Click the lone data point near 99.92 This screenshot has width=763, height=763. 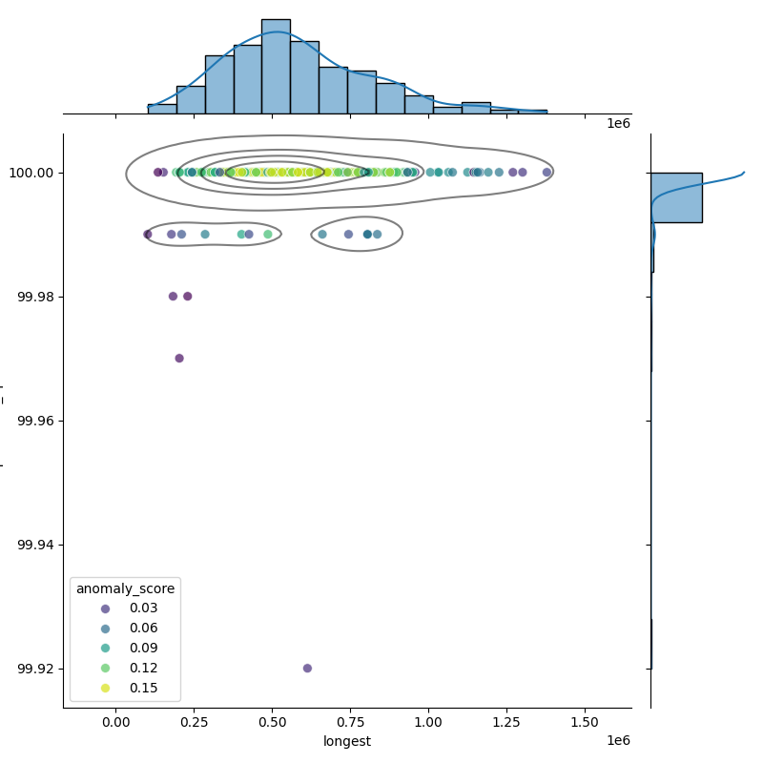click(307, 668)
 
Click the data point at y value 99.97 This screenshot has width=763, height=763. click(179, 359)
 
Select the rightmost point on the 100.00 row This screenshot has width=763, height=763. click(546, 173)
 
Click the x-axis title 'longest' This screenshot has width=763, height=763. click(347, 741)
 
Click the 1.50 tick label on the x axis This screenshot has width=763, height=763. click(585, 723)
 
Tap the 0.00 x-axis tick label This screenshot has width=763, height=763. click(115, 723)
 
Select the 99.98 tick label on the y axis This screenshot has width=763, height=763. click(36, 297)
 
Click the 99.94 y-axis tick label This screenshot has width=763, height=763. click(36, 545)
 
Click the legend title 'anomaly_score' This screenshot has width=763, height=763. click(125, 588)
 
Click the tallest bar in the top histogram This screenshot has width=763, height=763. click(276, 67)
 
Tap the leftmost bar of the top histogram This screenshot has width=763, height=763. click(162, 109)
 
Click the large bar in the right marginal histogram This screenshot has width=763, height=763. click(676, 197)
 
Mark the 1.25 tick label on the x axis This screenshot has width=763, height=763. click(506, 723)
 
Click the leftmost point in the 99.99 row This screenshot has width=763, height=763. click(148, 235)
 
